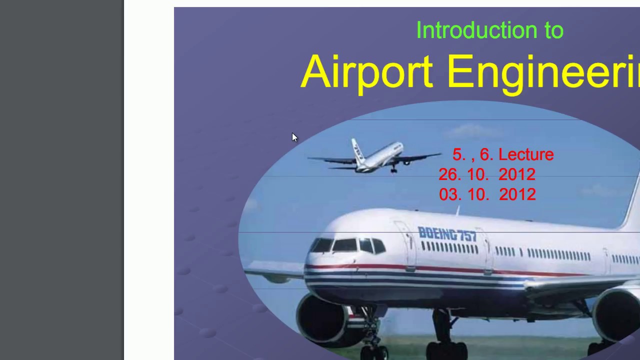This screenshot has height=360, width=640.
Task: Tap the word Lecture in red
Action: (x=526, y=154)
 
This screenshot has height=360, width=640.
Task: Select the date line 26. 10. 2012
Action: (x=487, y=174)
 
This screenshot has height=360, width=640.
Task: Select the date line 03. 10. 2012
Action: (x=487, y=194)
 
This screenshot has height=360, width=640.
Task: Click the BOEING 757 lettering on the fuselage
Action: (x=447, y=234)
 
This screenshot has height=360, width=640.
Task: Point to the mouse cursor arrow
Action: (x=294, y=137)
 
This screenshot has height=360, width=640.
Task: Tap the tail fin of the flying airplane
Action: (x=356, y=149)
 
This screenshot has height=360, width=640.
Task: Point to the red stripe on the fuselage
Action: (x=450, y=270)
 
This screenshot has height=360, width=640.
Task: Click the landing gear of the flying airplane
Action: (x=393, y=169)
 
